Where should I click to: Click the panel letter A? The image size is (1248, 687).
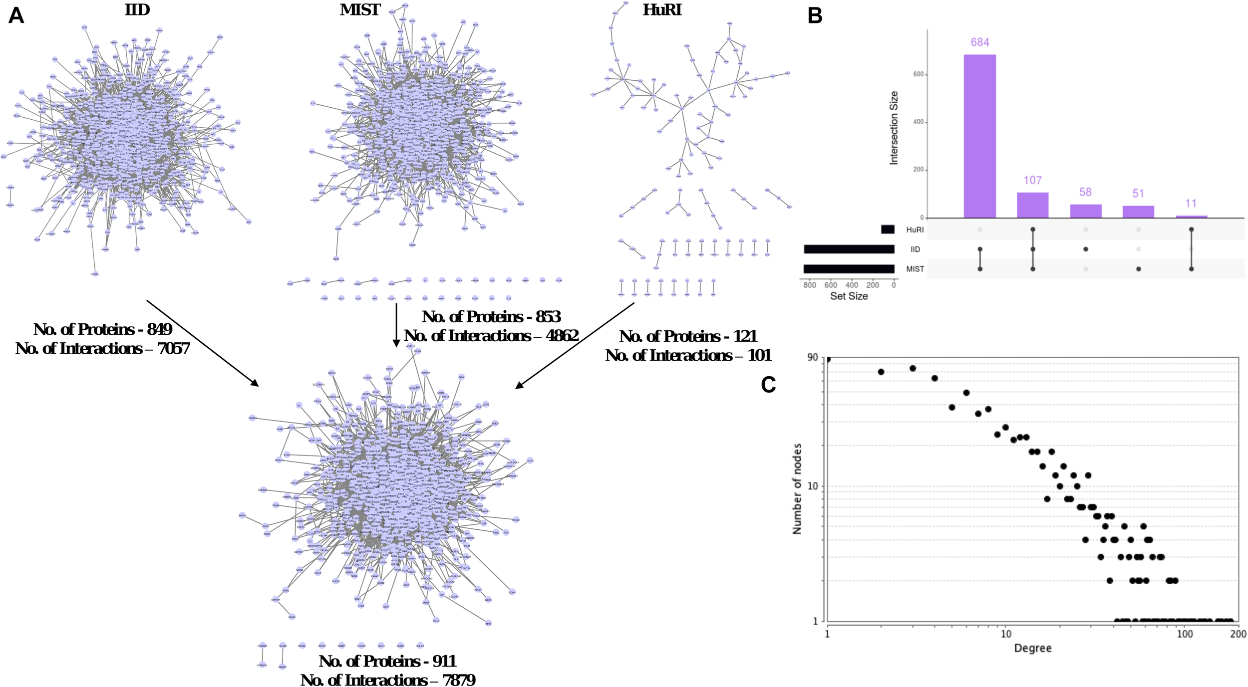[16, 16]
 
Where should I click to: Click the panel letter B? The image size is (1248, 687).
[815, 16]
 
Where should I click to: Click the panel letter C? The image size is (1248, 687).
[768, 385]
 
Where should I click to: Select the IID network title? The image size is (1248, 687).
[137, 9]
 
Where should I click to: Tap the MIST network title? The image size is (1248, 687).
[360, 9]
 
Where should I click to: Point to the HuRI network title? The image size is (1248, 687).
[662, 9]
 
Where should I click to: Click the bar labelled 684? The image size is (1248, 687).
[979, 136]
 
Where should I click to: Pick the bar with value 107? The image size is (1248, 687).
[1032, 205]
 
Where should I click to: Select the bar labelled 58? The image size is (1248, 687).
[1085, 211]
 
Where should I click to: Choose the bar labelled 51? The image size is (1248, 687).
[1138, 212]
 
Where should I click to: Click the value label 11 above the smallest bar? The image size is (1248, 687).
[1191, 203]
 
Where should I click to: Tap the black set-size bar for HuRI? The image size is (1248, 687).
[888, 229]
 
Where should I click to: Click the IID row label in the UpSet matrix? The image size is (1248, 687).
[915, 249]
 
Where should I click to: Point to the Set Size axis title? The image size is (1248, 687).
[849, 296]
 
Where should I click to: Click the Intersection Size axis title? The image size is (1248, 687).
[894, 128]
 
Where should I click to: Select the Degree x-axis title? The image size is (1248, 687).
[1032, 648]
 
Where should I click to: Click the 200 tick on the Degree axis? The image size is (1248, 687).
[1238, 634]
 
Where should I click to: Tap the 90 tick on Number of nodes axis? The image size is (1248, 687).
[813, 357]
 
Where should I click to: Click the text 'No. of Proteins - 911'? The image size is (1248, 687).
[387, 661]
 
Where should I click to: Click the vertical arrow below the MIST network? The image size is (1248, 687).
[396, 324]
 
